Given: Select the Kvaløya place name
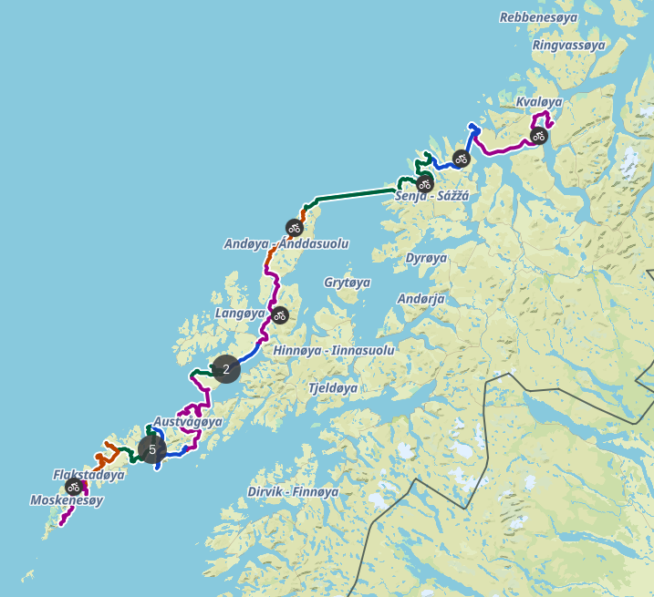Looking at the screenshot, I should point(538,102).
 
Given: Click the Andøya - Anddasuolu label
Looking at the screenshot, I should point(285,243).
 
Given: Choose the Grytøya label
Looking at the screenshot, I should point(347,283).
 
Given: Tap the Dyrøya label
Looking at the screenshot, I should point(426,258).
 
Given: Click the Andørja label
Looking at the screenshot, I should point(421,298).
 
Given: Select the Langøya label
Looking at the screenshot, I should point(241,314).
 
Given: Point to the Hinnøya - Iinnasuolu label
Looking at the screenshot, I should point(334,350).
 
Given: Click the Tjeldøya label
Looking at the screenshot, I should point(332,387).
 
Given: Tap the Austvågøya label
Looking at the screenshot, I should point(187,422).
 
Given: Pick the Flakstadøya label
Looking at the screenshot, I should point(88,475).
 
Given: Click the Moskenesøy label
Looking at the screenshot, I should point(67,500).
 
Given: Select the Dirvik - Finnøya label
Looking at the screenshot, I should point(293,491).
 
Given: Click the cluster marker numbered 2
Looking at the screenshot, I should point(226,369).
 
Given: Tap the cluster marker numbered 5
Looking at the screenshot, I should point(152,448).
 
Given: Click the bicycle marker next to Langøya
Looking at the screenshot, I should point(280,315).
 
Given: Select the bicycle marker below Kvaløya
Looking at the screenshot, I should point(539,137).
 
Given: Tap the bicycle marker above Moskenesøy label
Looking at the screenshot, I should point(73,488).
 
